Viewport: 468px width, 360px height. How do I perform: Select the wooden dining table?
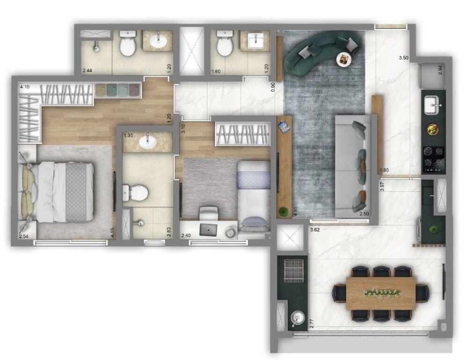pyautogui.click(x=380, y=293)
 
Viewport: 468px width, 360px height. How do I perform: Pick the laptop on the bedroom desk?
pyautogui.click(x=208, y=229)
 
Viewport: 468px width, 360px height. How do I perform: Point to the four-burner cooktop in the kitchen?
pyautogui.click(x=434, y=158)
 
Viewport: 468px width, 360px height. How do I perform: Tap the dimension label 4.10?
pyautogui.click(x=24, y=87)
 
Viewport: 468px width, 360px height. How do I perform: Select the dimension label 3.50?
pyautogui.click(x=403, y=58)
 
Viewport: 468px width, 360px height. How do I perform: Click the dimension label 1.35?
pyautogui.click(x=128, y=136)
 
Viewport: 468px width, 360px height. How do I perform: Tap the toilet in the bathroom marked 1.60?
pyautogui.click(x=224, y=45)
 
